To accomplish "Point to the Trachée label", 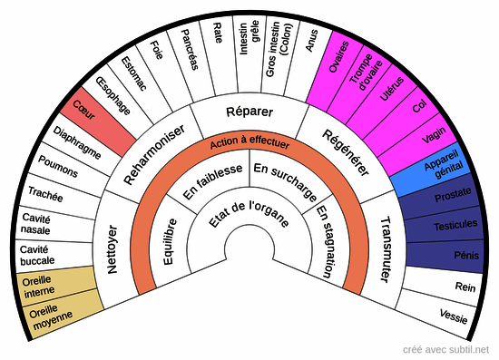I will (x=45, y=193).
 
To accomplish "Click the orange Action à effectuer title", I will (x=249, y=143).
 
